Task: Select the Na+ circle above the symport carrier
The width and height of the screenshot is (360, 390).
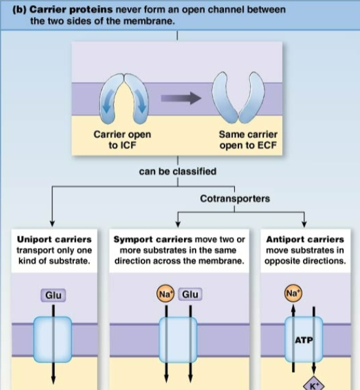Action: click(x=165, y=294)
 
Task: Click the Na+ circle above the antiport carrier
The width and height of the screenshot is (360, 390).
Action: click(x=293, y=294)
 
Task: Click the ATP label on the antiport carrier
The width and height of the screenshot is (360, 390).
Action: click(x=304, y=340)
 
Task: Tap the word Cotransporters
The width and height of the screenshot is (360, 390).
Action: click(x=234, y=198)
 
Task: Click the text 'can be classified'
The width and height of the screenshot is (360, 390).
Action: click(x=177, y=171)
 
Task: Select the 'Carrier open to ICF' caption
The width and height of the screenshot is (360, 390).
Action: click(x=122, y=139)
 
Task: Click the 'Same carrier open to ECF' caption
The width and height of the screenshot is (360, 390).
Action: click(x=248, y=139)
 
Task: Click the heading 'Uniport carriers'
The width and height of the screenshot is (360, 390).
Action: click(x=54, y=239)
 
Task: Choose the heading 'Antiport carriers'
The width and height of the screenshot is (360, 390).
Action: click(x=305, y=239)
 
